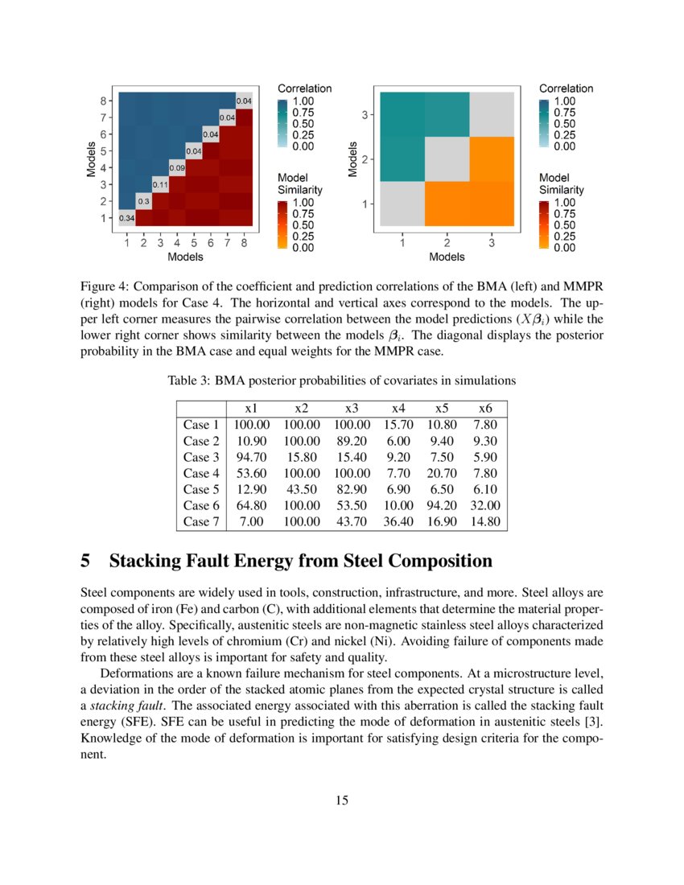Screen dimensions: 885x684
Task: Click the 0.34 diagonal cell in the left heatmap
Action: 127,218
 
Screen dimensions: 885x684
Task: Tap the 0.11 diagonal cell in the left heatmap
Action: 160,184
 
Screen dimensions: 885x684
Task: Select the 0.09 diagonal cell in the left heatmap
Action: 177,167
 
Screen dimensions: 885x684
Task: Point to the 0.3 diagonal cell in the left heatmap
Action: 144,201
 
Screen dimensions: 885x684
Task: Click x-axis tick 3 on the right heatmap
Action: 491,241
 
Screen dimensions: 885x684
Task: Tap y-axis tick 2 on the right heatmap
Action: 367,159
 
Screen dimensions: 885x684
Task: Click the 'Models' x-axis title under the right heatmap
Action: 447,257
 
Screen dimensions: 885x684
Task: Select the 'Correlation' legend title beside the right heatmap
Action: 566,88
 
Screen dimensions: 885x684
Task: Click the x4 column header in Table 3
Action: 398,408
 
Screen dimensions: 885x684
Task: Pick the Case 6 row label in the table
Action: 201,505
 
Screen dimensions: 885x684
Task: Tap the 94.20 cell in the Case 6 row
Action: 441,505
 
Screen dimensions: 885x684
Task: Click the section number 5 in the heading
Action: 85,560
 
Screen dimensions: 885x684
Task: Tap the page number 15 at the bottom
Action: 342,800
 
